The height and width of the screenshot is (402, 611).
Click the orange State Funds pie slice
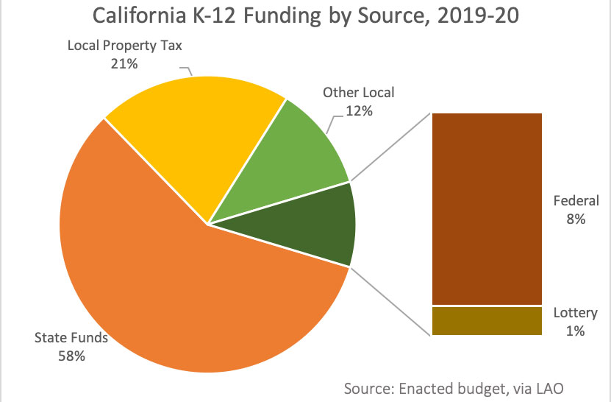point(184,295)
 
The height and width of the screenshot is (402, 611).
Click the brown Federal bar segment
point(487,208)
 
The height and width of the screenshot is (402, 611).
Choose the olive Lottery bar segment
point(487,321)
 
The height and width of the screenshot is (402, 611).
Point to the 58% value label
point(71,356)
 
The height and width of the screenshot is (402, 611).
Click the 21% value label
point(124,63)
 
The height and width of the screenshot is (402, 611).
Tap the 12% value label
point(359,111)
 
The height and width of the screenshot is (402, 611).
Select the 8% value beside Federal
point(576,219)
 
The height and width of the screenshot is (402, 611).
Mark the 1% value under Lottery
point(576,331)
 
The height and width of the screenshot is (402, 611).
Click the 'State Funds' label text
point(71,339)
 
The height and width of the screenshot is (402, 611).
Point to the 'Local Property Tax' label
point(124,46)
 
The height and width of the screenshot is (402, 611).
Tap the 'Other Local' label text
point(359,93)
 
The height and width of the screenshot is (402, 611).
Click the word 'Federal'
point(576,200)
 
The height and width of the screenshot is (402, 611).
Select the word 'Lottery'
point(576,314)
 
